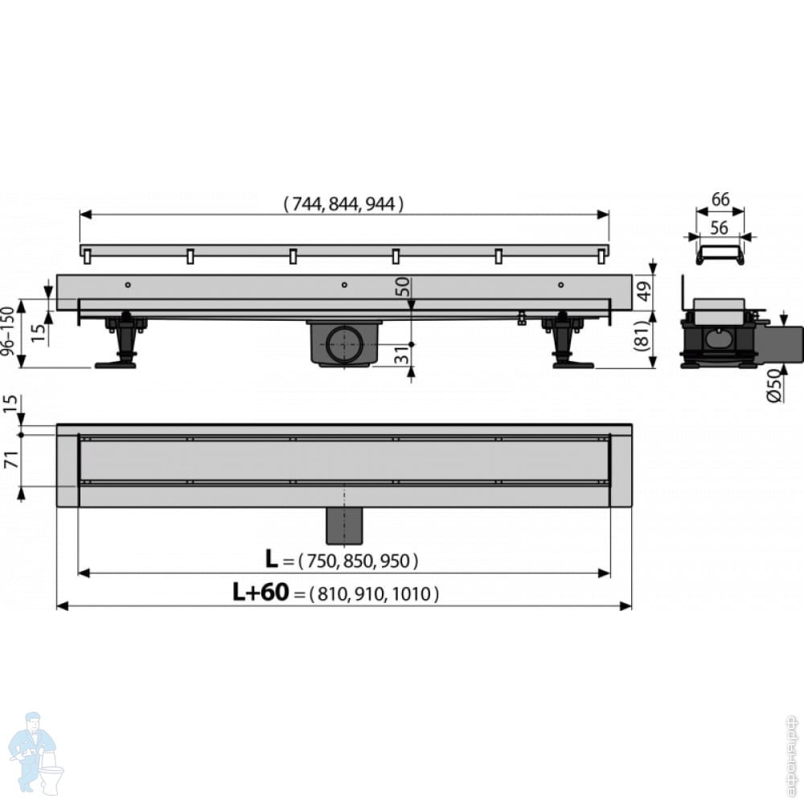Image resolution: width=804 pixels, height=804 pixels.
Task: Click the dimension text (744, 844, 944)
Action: coord(343,204)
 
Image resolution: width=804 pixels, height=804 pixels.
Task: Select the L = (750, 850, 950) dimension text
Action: coord(343,560)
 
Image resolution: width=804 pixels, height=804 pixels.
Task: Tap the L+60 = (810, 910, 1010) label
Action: coord(336,594)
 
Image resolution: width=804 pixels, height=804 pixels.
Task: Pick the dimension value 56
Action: coord(720,228)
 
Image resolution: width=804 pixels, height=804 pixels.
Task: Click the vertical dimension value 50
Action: coord(402,287)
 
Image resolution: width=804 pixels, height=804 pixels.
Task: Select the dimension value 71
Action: coord(10,460)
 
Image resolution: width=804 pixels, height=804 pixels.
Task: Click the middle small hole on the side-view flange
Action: coord(344,284)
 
